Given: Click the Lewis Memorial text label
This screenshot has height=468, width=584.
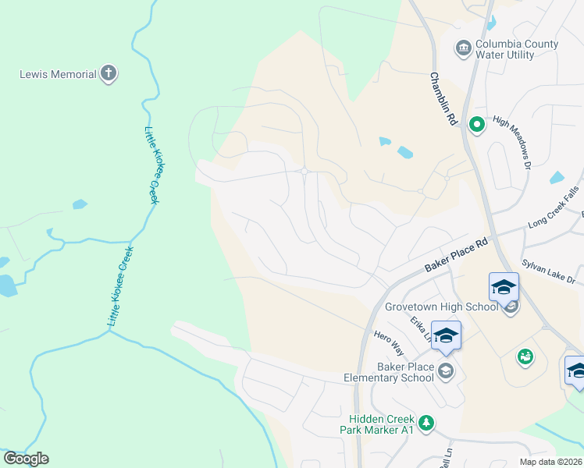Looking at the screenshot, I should (58, 75).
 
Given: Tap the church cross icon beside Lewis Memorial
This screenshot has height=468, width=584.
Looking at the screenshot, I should (109, 74).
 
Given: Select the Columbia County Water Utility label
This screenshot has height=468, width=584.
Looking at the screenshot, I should (516, 49).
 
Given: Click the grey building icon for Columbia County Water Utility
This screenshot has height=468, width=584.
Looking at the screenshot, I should (463, 49).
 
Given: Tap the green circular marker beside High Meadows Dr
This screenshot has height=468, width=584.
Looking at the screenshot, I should (475, 123).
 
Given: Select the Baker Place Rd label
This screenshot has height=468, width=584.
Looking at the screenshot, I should (456, 255).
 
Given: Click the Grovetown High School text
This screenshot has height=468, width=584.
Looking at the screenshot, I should (441, 307).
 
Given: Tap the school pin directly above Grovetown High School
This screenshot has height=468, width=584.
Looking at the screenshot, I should (504, 287).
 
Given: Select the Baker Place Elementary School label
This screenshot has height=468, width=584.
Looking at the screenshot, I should (389, 372).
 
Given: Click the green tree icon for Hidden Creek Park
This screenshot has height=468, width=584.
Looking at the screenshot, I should (426, 423).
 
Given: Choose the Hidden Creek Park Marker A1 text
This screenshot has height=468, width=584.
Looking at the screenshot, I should (377, 424).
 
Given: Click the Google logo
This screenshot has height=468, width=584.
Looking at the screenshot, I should (26, 459).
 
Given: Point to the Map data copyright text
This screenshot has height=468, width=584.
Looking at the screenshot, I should (551, 462).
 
